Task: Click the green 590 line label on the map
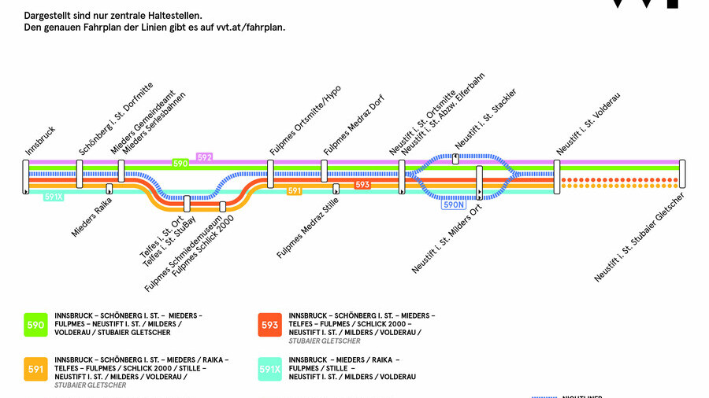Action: (x=180, y=164)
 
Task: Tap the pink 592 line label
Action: (x=205, y=157)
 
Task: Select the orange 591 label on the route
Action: (x=295, y=190)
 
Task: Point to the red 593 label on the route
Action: (x=362, y=185)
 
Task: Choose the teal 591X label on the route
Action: (x=54, y=197)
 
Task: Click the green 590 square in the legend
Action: (x=36, y=325)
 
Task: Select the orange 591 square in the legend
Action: (x=36, y=369)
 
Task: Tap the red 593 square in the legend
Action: (x=270, y=325)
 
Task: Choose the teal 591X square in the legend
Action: (x=270, y=369)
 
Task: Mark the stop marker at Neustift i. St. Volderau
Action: (x=556, y=174)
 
